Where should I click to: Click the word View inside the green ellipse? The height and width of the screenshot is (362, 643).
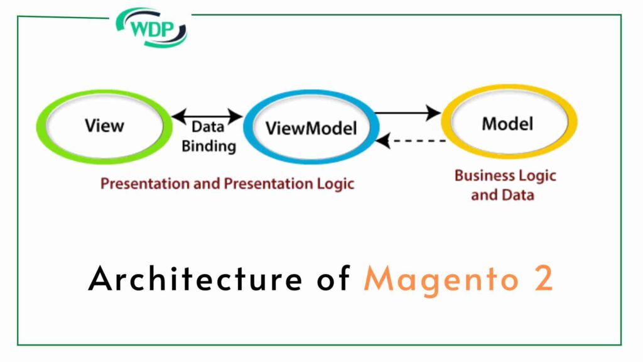coord(104,125)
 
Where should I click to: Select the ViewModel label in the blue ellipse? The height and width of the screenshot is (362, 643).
coord(311,128)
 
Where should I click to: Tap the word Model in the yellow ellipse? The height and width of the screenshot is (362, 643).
coord(507,123)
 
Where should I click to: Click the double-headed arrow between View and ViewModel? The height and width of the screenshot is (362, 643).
coord(207,116)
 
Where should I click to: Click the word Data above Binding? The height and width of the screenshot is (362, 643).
coord(208,127)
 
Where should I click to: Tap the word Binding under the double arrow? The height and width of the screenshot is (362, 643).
coord(208,146)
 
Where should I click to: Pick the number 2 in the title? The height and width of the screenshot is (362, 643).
coord(544,278)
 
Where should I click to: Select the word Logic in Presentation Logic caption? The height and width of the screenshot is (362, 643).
coord(334,184)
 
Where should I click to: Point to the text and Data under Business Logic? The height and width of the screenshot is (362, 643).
coord(502,195)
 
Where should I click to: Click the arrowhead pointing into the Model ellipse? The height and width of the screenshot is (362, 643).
coord(434,113)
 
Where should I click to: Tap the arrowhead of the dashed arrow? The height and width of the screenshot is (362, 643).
coord(382,141)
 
